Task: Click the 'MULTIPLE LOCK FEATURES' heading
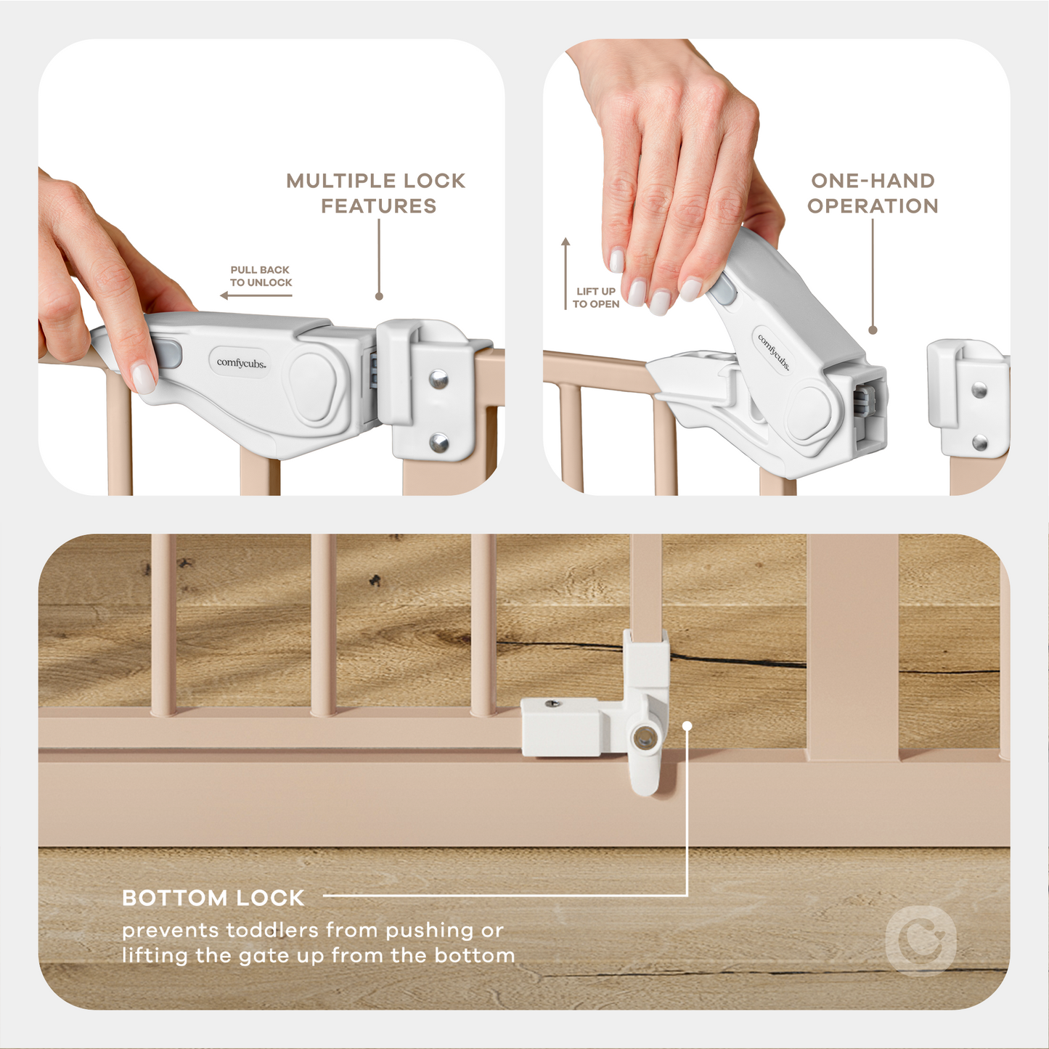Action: [376, 193]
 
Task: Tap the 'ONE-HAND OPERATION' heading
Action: [873, 193]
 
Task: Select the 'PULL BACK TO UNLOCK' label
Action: [261, 276]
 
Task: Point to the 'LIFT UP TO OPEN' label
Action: [595, 297]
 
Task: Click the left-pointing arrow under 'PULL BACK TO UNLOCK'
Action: [256, 295]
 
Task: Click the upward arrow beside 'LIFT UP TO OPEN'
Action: [566, 273]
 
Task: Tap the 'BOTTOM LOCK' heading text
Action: [213, 898]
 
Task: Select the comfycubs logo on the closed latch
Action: [241, 362]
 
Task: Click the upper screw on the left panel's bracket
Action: [438, 378]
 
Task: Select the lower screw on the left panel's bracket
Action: [439, 442]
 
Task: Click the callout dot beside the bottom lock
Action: [687, 725]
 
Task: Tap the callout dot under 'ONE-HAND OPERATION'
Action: [873, 330]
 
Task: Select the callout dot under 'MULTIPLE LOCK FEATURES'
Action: [379, 296]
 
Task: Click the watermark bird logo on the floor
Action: [921, 942]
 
